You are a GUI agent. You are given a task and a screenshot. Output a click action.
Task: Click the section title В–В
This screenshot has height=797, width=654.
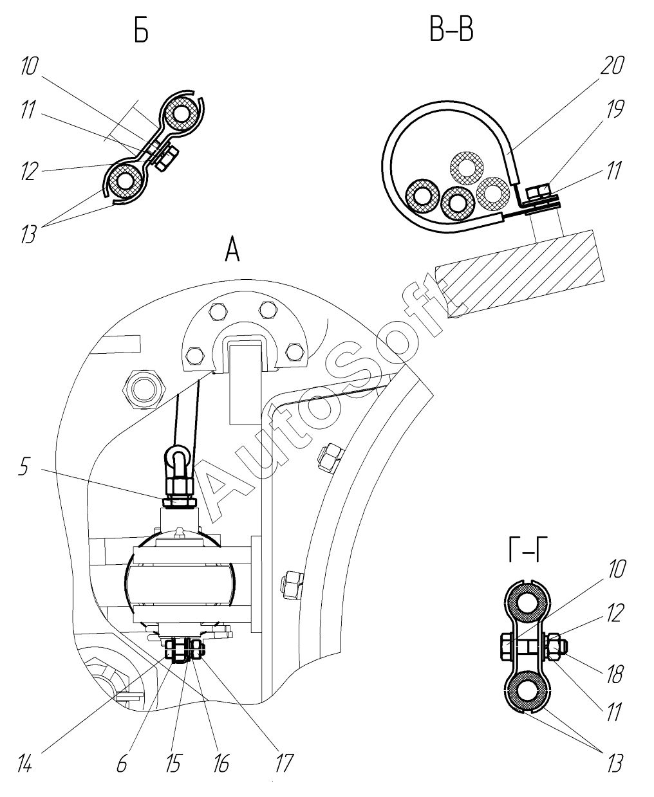[x=451, y=30]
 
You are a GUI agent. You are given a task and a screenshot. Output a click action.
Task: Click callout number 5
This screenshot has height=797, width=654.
[x=24, y=467]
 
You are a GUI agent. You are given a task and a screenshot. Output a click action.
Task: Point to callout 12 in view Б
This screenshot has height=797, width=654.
[x=29, y=171]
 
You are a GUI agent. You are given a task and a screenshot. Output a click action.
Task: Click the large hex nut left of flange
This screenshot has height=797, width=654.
[x=144, y=389]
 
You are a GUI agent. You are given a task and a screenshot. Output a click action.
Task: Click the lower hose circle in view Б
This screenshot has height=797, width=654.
[x=124, y=181]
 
